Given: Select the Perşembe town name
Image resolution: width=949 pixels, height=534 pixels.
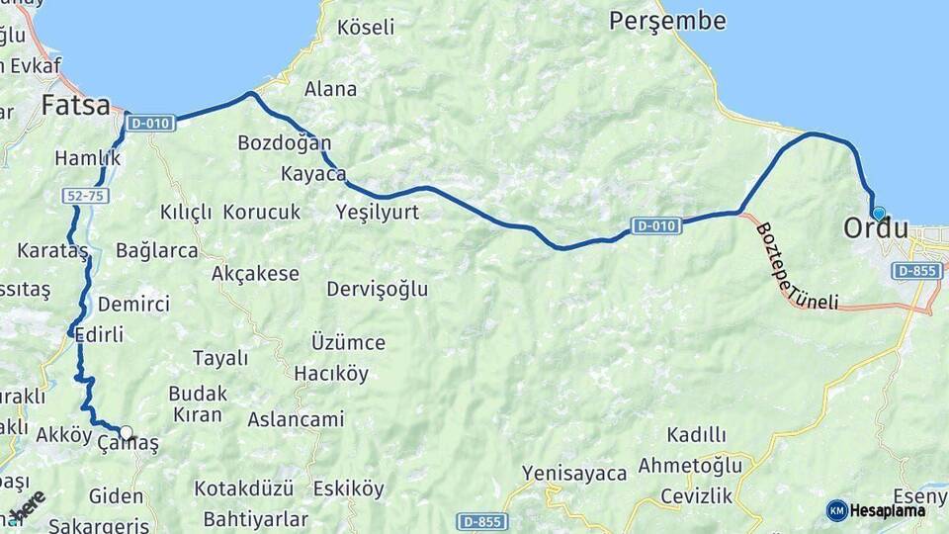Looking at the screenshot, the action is pyautogui.click(x=667, y=21).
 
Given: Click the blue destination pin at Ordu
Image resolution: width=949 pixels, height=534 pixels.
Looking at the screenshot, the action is pyautogui.click(x=878, y=213).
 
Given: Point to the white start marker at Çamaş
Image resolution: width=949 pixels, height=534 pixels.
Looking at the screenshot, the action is pyautogui.click(x=127, y=432).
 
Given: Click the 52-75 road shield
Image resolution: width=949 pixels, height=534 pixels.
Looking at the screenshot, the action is pyautogui.click(x=83, y=198).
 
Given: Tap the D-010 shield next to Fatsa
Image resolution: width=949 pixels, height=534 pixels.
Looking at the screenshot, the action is pyautogui.click(x=151, y=124).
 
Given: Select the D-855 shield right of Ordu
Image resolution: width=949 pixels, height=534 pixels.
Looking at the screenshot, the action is pyautogui.click(x=915, y=270).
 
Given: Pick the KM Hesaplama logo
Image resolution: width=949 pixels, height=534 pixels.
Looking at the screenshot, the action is pyautogui.click(x=876, y=510).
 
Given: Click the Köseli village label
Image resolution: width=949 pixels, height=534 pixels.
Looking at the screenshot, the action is pyautogui.click(x=366, y=28).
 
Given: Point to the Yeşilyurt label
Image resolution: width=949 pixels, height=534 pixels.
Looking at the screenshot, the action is pyautogui.click(x=378, y=212).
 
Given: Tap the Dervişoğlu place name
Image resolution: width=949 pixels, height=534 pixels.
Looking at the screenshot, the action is pyautogui.click(x=378, y=289).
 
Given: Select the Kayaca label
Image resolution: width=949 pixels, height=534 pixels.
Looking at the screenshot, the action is pyautogui.click(x=313, y=175).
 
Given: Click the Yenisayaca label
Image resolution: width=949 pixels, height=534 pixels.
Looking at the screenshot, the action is pyautogui.click(x=574, y=474).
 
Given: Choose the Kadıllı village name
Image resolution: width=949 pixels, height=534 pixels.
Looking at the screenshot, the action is pyautogui.click(x=696, y=435).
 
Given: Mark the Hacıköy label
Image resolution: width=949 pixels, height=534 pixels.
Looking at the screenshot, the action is pyautogui.click(x=331, y=374).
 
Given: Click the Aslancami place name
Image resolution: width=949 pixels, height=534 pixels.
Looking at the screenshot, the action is pyautogui.click(x=296, y=419).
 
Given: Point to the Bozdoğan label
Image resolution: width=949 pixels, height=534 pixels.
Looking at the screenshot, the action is pyautogui.click(x=285, y=143).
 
